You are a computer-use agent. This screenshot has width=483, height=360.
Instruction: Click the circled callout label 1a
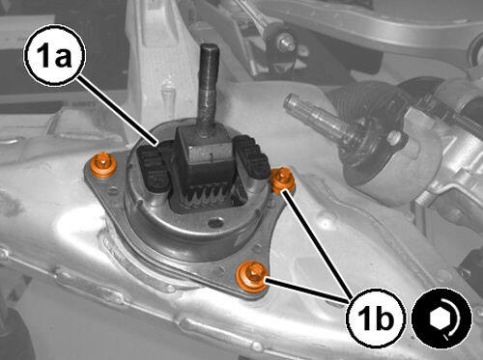click(55, 55)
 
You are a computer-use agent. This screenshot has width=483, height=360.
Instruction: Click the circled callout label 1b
click(376, 318)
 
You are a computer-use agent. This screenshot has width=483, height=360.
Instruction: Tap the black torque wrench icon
click(441, 318)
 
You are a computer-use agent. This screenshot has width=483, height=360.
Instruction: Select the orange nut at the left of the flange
click(103, 165)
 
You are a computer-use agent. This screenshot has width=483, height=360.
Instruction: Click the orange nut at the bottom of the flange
click(252, 277)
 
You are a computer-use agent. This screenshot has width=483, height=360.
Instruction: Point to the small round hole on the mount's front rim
click(215, 222)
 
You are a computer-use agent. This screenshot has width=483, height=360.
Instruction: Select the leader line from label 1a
click(118, 111)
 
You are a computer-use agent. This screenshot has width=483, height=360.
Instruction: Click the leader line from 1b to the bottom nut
click(307, 291)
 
